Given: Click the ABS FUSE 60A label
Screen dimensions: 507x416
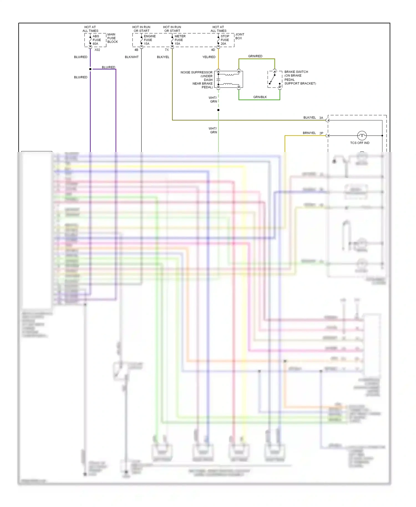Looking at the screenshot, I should click(x=96, y=40).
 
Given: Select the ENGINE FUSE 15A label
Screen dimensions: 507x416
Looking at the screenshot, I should click(x=149, y=40).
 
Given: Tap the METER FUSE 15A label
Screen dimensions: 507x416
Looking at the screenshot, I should click(x=180, y=40).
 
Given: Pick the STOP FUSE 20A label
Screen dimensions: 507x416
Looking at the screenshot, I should click(x=225, y=40).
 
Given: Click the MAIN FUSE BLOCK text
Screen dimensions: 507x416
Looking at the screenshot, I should click(x=112, y=38).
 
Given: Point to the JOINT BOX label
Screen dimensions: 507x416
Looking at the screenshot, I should click(x=240, y=36).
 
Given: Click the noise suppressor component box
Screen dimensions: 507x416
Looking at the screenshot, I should click(x=229, y=79).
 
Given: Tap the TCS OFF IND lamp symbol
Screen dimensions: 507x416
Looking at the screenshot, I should click(x=362, y=136).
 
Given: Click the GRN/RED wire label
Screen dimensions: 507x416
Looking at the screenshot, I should click(x=255, y=56).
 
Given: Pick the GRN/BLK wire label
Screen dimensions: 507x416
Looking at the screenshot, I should click(x=260, y=97).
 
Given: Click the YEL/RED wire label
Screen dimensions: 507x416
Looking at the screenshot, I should click(x=209, y=57).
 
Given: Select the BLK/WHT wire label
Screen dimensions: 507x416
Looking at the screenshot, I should click(x=132, y=57).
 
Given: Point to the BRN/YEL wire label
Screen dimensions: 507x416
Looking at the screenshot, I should click(x=309, y=133).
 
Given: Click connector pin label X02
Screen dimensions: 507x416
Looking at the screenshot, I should click(x=97, y=50).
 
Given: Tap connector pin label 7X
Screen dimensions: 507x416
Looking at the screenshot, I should click(x=167, y=50).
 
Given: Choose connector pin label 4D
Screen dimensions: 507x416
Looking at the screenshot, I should click(x=213, y=50).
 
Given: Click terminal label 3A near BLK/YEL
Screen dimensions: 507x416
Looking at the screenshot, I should click(x=321, y=118).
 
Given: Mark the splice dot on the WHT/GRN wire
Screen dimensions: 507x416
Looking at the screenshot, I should click(x=218, y=110).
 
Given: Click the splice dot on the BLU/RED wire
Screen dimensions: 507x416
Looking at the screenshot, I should click(x=90, y=69).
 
